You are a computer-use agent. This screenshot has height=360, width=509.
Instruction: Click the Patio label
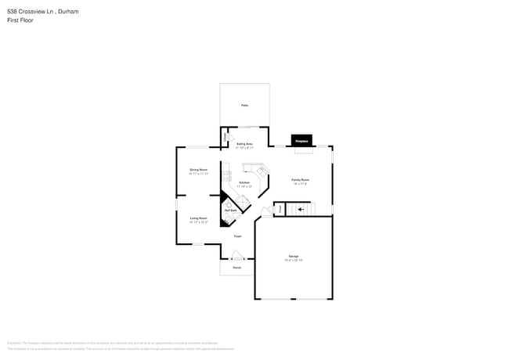point(244,105)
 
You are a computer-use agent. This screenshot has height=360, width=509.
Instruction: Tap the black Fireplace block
point(301,141)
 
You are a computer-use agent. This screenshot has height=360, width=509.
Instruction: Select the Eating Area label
point(244,144)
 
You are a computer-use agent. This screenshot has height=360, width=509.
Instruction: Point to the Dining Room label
point(198,170)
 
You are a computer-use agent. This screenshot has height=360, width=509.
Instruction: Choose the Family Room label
point(301,180)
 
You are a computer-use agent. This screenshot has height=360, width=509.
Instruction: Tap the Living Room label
point(198,218)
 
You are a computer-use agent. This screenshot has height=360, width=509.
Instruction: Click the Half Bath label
point(231,211)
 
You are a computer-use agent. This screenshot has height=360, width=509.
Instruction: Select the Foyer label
point(236,236)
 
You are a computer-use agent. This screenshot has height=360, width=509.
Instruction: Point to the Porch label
point(236,268)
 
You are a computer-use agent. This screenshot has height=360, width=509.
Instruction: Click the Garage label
point(294,256)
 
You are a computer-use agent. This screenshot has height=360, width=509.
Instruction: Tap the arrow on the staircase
point(301,210)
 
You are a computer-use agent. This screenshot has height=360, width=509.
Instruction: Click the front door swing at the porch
point(237,255)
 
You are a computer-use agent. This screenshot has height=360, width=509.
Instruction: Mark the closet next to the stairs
point(278,209)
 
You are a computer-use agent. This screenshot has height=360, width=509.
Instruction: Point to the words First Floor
point(20,20)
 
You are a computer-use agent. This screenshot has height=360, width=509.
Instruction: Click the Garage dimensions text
point(294,261)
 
